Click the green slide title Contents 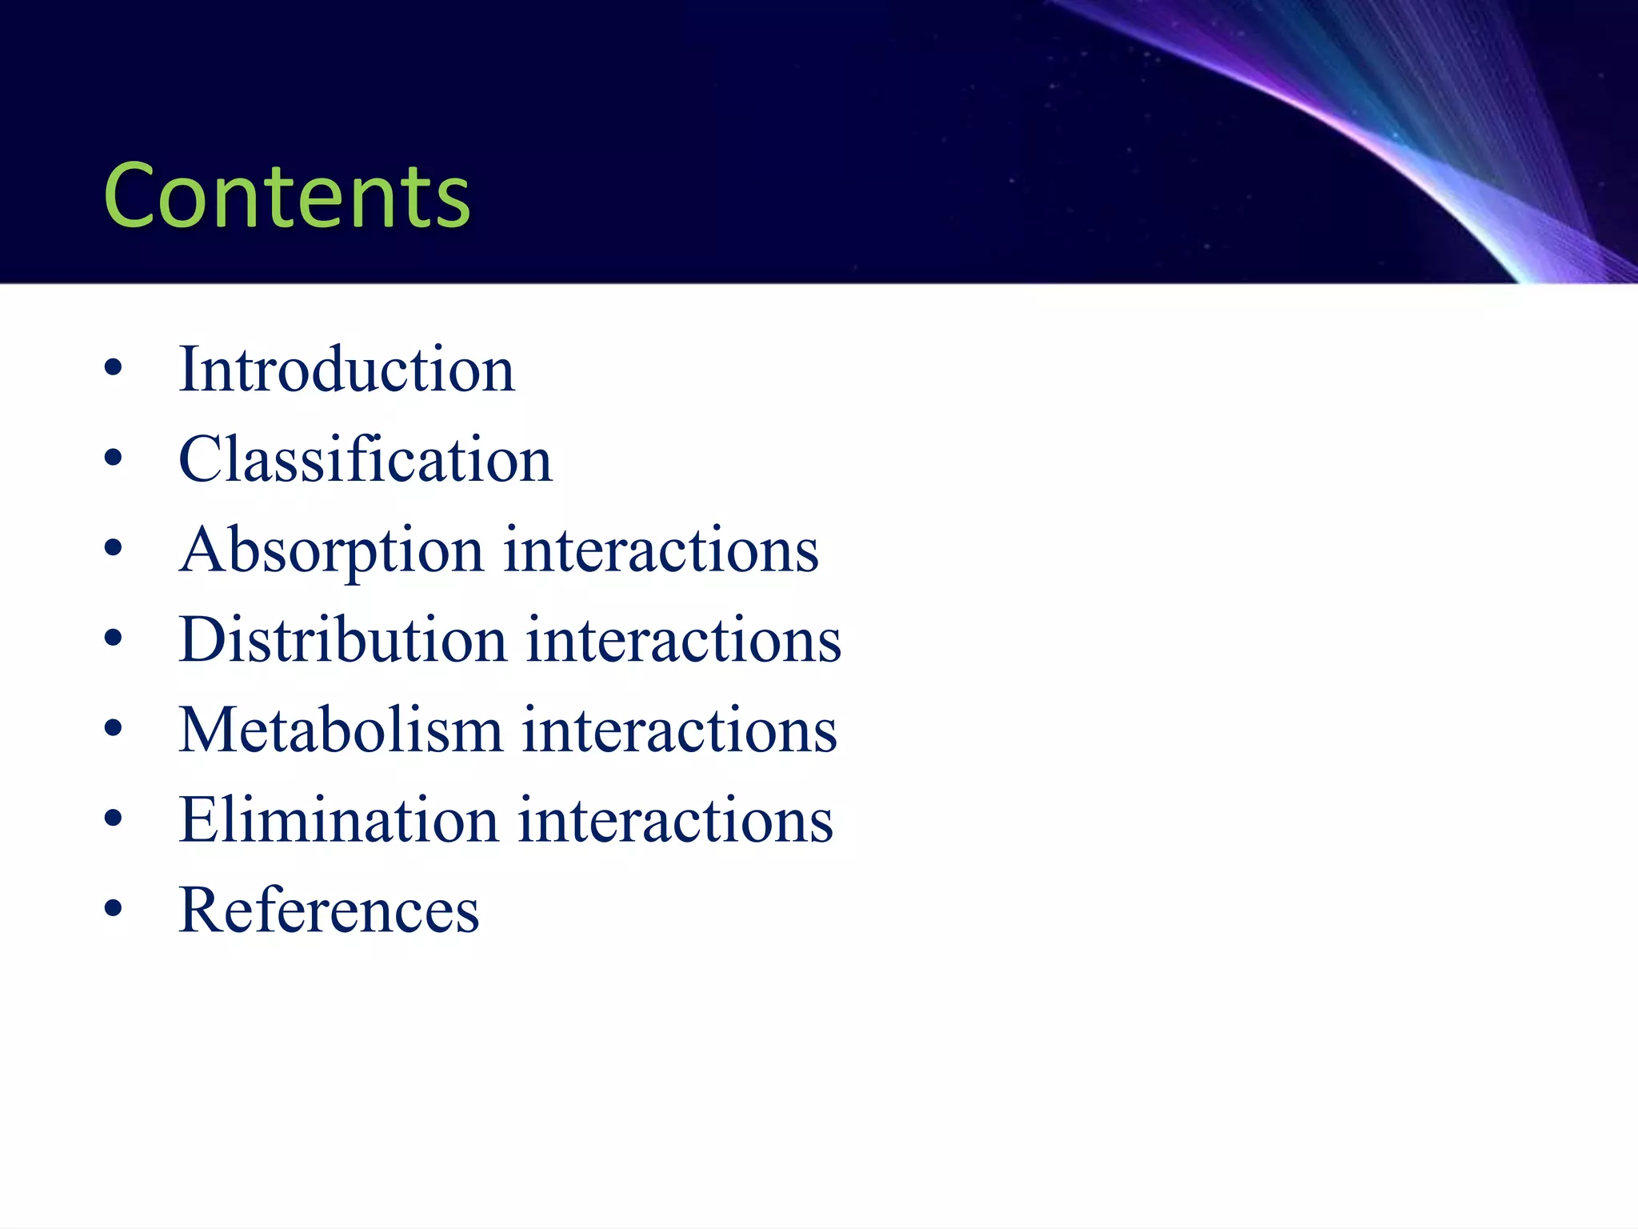(287, 195)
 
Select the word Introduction (346, 370)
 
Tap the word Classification (366, 460)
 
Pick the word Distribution (343, 640)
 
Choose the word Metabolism (341, 731)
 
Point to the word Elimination (339, 821)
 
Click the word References (329, 911)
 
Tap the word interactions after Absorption (661, 550)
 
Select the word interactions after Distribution (684, 640)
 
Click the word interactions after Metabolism (680, 731)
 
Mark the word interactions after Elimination (676, 821)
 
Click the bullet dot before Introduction (114, 369)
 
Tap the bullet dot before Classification (114, 458)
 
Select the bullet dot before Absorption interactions (114, 549)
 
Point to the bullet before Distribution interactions (114, 639)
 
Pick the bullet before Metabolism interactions (114, 729)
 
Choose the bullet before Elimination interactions (114, 819)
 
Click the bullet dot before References (114, 909)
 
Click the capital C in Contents (134, 195)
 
